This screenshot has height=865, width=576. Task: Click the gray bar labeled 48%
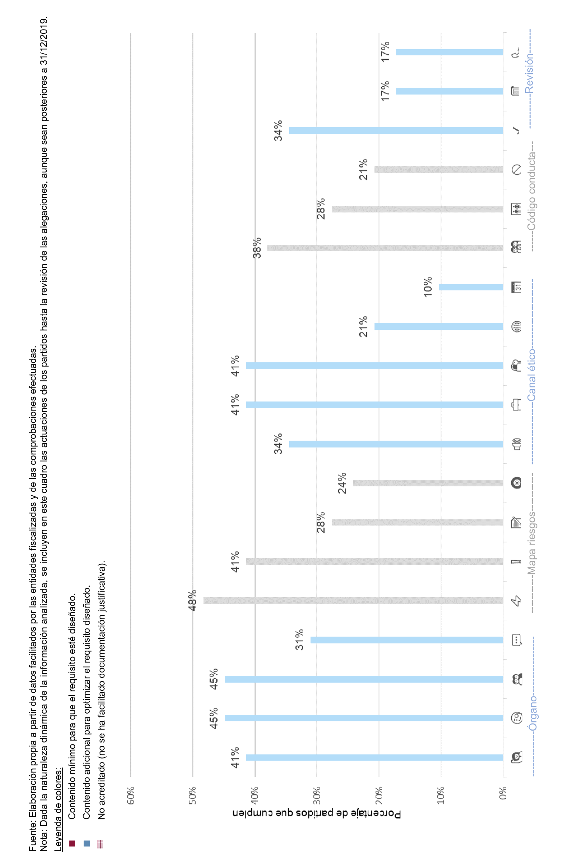(x=353, y=601)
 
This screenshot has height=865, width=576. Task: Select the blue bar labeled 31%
(x=407, y=640)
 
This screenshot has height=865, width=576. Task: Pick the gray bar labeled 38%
(x=385, y=248)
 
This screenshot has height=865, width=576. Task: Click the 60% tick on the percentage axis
(x=131, y=795)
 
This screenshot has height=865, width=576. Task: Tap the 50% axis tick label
(x=193, y=795)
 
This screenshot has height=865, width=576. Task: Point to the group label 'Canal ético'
(x=531, y=375)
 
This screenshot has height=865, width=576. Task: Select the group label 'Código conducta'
(x=531, y=191)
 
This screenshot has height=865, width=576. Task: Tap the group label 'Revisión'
(x=529, y=74)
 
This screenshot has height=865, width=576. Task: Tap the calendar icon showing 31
(x=517, y=287)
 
